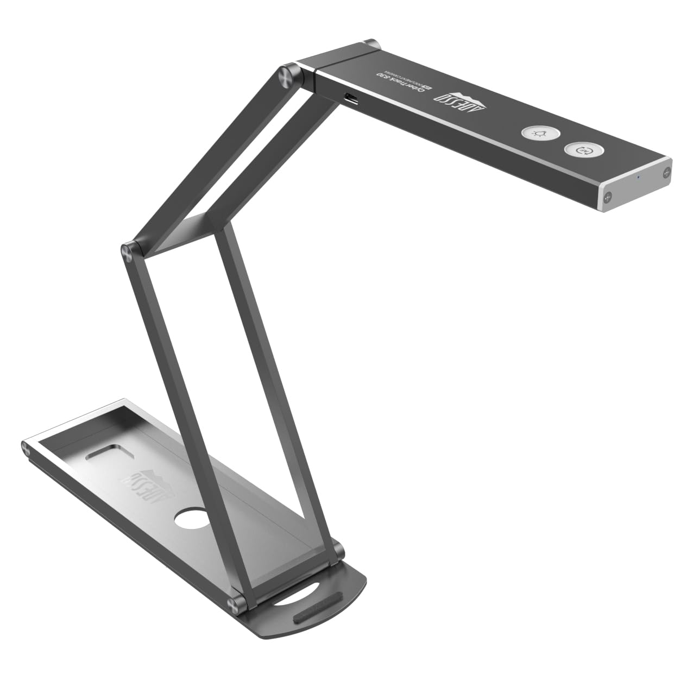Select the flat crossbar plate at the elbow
[180, 231]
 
